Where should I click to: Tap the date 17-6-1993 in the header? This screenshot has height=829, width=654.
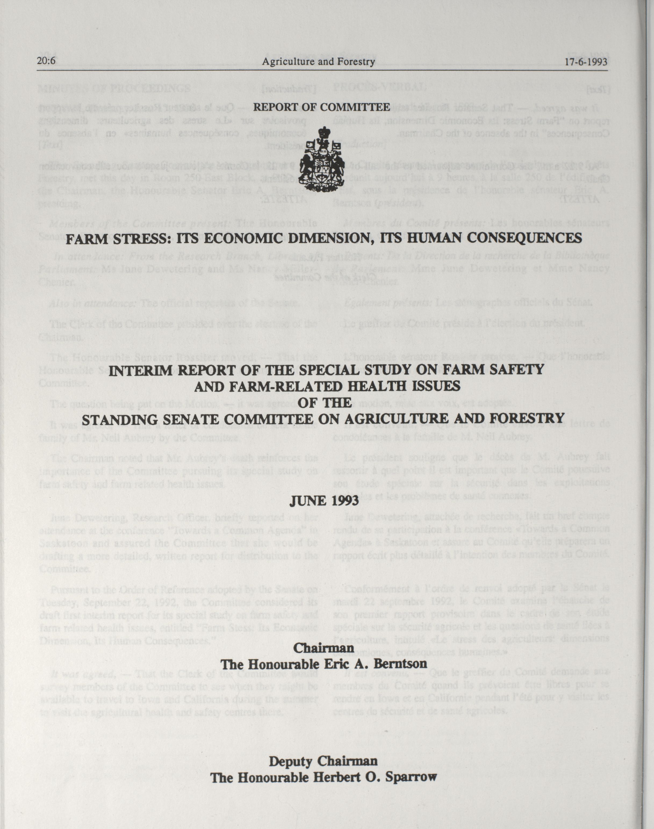[x=586, y=61]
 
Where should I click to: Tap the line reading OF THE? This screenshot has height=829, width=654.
[x=324, y=402]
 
